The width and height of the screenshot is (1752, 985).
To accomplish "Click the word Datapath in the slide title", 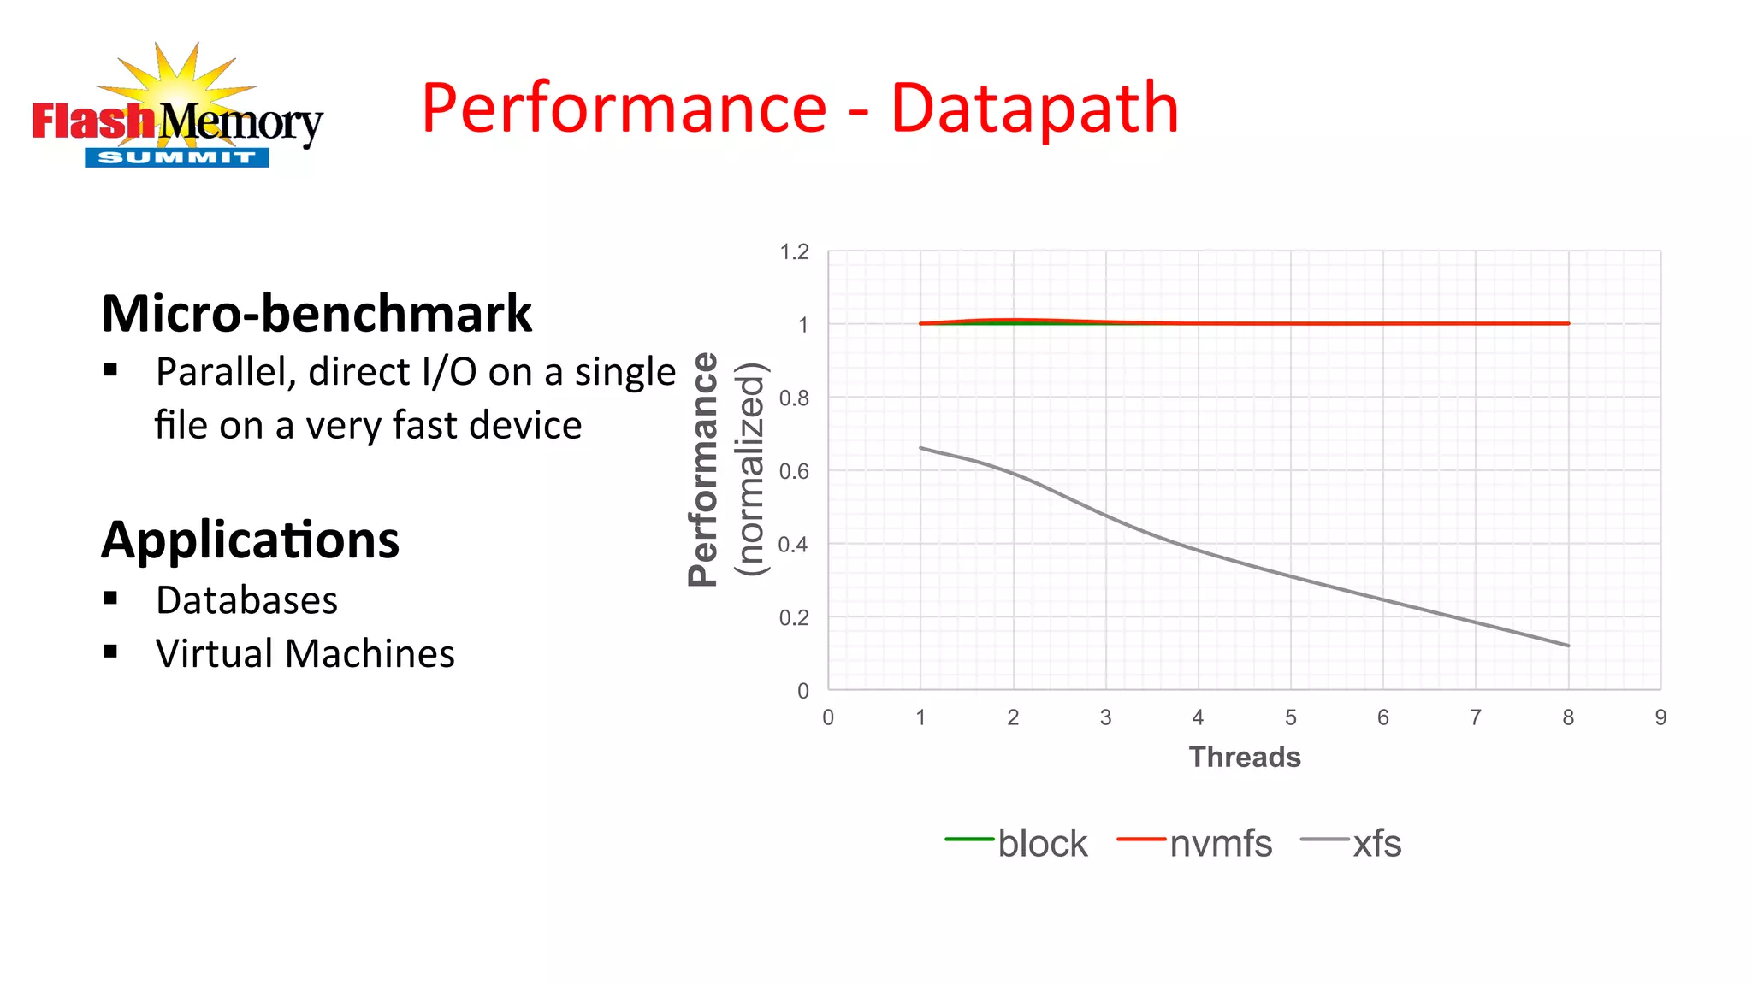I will click(1034, 109).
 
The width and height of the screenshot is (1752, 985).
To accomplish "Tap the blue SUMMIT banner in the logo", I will click(177, 157).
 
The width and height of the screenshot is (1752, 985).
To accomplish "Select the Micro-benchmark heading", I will click(317, 314).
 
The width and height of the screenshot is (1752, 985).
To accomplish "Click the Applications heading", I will click(250, 540).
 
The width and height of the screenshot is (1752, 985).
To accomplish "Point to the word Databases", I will click(246, 600).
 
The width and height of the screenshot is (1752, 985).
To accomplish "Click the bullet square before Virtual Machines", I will click(110, 652).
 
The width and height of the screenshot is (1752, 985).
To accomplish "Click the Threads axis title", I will click(1244, 758).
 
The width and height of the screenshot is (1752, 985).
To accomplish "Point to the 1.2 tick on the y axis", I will click(794, 252).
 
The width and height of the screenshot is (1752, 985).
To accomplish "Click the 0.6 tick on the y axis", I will click(794, 471).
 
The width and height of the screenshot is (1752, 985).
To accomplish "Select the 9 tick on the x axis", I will click(1660, 717).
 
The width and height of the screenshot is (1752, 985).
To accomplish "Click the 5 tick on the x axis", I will click(1290, 717).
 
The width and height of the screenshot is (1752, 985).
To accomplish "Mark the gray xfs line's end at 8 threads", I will click(1568, 646).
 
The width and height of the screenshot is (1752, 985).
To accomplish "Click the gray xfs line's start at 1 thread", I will click(920, 448).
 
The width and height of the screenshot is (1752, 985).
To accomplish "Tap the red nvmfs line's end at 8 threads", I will click(1568, 323).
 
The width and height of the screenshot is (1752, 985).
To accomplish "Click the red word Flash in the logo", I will click(92, 121).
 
